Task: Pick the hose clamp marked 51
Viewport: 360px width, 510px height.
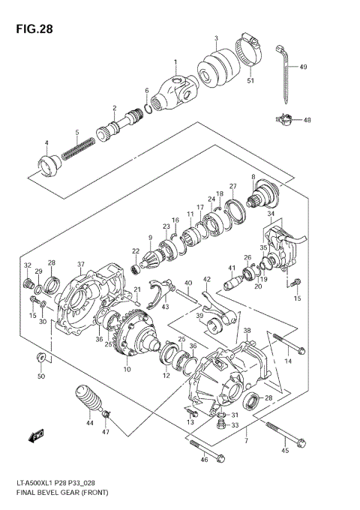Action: pos(250,52)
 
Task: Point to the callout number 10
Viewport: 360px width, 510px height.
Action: pos(127,370)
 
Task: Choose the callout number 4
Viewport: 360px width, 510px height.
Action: pos(46,143)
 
